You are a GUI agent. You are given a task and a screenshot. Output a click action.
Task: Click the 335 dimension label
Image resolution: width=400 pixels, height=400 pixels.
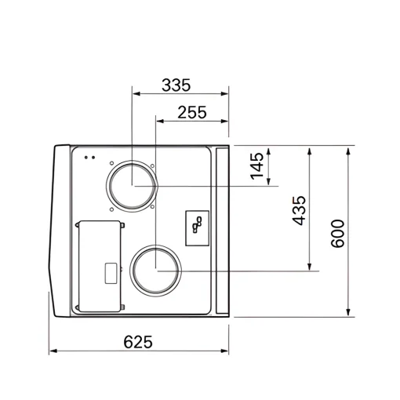click(176, 85)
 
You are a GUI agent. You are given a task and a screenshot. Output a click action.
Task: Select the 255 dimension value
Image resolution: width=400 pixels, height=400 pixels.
click(192, 112)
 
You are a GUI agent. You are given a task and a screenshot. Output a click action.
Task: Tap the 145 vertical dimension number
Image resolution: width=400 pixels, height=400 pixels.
click(257, 166)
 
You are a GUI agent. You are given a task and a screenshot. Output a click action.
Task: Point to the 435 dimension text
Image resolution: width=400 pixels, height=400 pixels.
click(299, 210)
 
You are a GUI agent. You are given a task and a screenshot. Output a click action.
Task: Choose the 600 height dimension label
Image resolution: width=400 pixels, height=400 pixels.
click(338, 234)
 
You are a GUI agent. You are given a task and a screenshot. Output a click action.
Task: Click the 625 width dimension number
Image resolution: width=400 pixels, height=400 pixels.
click(138, 342)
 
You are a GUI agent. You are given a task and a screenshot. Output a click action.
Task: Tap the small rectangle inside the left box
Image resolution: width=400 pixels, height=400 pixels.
click(111, 274)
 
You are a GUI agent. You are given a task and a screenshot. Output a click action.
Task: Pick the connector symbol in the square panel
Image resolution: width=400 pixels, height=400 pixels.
click(197, 225)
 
